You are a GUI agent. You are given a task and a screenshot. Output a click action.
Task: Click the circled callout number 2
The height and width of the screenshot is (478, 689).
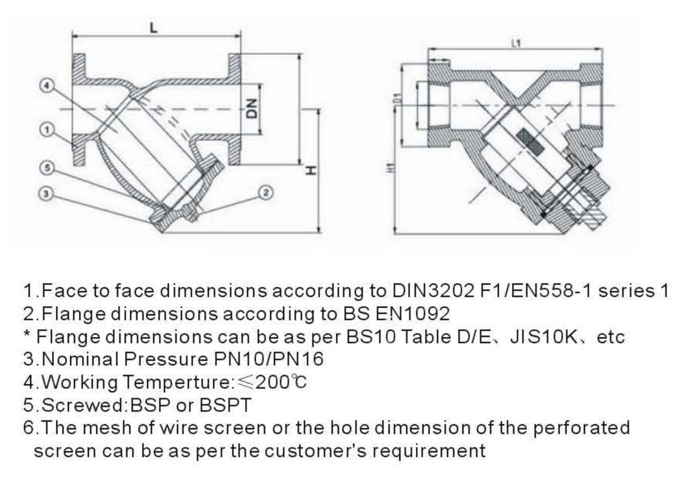[266, 193]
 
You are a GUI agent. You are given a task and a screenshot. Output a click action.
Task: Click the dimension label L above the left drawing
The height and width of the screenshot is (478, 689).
[154, 28]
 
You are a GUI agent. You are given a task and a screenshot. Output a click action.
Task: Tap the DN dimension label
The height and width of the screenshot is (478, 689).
[251, 109]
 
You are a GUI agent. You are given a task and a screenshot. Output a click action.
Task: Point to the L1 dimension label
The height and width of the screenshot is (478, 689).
[516, 44]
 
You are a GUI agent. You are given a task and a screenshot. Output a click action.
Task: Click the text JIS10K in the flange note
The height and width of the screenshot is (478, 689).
[544, 336]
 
